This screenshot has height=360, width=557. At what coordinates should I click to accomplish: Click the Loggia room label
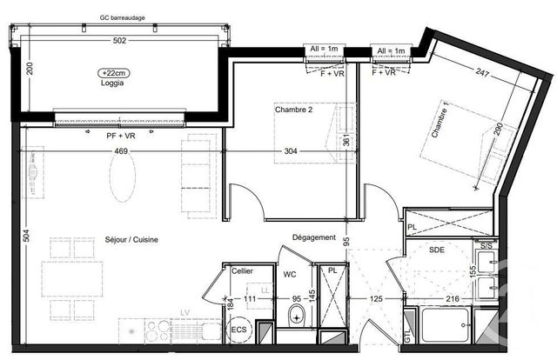point(111,84)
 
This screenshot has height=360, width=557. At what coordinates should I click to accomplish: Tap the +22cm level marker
point(112,73)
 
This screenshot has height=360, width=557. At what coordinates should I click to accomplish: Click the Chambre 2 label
point(294,110)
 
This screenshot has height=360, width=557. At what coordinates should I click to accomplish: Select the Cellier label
point(242,271)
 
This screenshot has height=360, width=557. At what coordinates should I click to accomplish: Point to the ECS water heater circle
point(238,330)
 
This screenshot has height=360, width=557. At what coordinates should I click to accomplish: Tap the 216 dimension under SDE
point(453,299)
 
